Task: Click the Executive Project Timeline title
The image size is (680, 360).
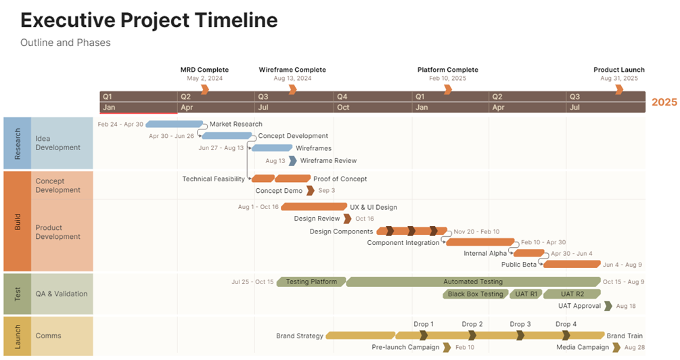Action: (149, 20)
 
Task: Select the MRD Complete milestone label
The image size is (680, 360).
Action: (204, 70)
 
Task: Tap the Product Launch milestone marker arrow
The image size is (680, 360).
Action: (619, 89)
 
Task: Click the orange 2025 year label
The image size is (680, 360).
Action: (664, 102)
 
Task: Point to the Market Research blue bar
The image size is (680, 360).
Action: (174, 125)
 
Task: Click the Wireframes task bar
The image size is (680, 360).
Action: (272, 148)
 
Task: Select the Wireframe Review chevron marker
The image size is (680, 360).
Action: (292, 161)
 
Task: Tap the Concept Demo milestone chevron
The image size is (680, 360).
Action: (310, 191)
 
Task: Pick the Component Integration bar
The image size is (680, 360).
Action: (480, 242)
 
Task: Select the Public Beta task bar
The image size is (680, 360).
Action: (572, 265)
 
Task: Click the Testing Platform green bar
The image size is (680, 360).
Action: (311, 282)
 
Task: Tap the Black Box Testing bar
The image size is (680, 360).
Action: (476, 294)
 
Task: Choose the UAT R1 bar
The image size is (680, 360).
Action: (526, 294)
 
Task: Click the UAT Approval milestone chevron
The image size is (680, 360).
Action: (608, 307)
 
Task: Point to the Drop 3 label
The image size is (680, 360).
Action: (520, 324)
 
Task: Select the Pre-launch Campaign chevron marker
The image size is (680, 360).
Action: (447, 348)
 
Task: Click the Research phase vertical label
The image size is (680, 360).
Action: (17, 143)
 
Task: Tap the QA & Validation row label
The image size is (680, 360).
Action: (62, 294)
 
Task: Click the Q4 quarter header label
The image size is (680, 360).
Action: (342, 97)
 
